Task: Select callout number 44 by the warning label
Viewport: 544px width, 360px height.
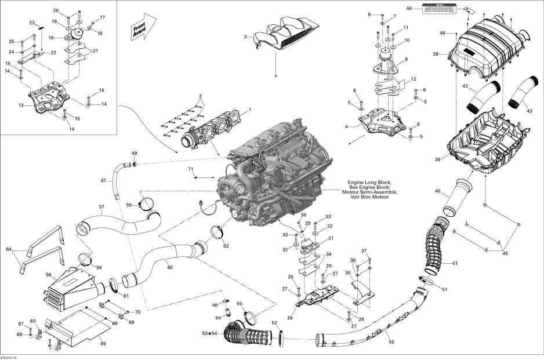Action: [409, 9]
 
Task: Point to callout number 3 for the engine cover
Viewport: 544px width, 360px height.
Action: [245, 37]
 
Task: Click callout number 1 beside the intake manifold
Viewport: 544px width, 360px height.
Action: [250, 109]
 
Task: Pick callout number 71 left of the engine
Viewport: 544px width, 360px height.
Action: [189, 169]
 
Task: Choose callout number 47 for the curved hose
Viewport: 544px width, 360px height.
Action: [103, 181]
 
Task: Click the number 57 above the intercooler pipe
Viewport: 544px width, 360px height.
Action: [101, 207]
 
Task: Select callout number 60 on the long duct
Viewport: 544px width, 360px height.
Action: [169, 267]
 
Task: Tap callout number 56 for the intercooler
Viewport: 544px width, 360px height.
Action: [49, 275]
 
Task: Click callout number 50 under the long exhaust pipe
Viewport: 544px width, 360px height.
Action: [391, 343]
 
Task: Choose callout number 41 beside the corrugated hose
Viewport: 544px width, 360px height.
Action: [455, 263]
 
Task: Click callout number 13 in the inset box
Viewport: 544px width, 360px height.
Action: [21, 106]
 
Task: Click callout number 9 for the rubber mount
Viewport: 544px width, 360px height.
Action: [406, 59]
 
